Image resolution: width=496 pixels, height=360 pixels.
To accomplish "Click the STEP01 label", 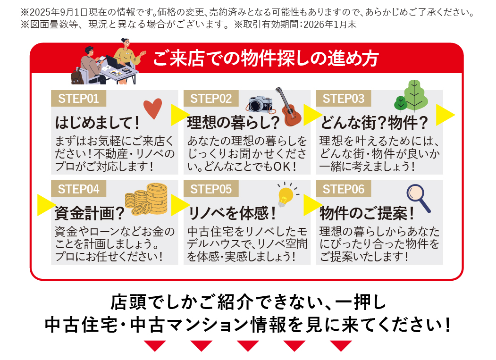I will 78,99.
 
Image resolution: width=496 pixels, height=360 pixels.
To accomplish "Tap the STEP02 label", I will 211,99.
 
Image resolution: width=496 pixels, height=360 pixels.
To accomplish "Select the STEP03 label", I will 344,99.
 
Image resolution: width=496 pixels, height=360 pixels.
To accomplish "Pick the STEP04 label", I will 78,189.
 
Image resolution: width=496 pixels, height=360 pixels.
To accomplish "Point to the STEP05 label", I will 211,189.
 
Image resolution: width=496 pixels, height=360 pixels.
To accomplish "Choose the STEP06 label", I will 344,189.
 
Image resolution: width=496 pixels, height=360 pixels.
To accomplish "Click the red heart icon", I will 152,109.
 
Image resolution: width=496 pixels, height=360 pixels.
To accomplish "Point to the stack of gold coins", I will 147,199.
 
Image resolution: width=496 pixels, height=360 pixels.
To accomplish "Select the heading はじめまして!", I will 98,123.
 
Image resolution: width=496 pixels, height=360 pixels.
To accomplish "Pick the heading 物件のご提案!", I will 367,214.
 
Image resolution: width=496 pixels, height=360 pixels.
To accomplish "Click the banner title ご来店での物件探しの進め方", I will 266,59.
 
